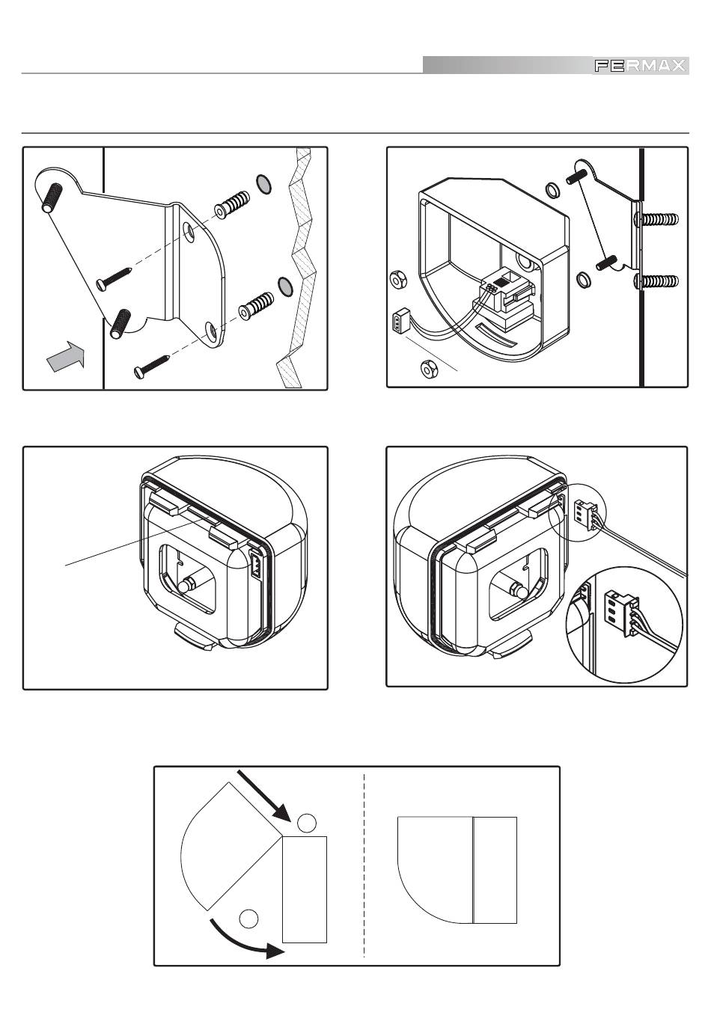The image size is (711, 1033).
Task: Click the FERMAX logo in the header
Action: [x=640, y=66]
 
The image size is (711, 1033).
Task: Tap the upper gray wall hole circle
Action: [x=263, y=183]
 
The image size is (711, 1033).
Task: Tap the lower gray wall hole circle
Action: [x=284, y=284]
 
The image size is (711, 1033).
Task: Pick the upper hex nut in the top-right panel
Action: [x=397, y=281]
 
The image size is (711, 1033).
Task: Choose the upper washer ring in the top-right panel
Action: [x=550, y=190]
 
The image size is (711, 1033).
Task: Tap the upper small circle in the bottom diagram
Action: [x=306, y=823]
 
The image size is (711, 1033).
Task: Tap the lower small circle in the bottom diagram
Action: [x=248, y=917]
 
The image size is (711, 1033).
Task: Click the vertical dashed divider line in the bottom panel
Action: [x=364, y=865]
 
